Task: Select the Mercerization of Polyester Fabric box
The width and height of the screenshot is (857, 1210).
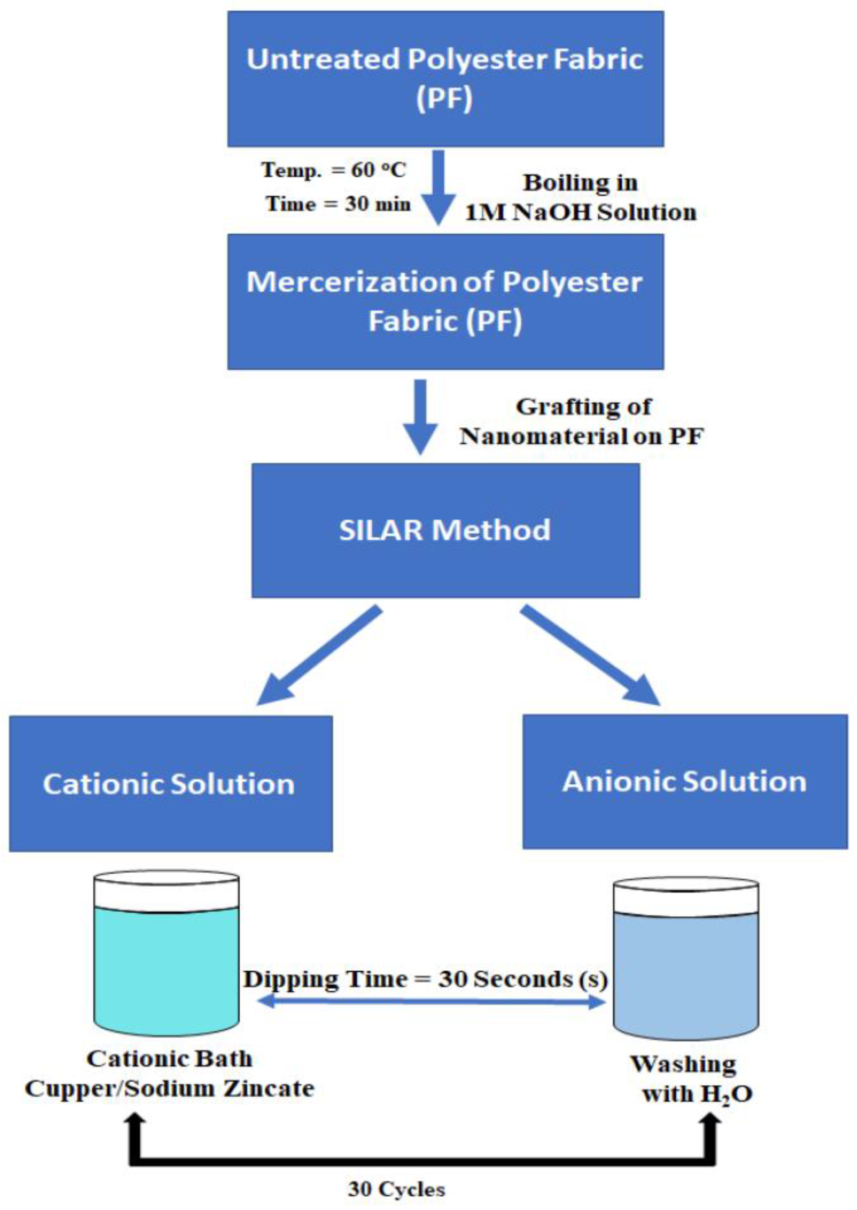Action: (446, 301)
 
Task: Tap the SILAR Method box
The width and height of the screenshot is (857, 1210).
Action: (446, 530)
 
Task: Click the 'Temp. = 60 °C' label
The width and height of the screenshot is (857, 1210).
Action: (333, 170)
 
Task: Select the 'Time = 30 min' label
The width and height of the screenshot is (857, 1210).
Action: (338, 204)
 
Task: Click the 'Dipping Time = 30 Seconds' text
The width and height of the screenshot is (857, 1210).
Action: (425, 980)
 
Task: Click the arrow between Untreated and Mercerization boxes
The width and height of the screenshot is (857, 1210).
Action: (438, 187)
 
